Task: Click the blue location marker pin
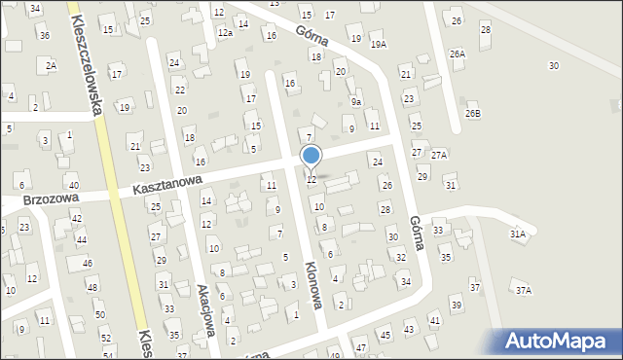point(311,156)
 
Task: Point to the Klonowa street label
point(312,283)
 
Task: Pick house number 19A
point(378,44)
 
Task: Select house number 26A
point(458,54)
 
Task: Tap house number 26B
point(472,114)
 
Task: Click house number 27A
point(439,155)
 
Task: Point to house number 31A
point(517,234)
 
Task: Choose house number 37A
point(524,291)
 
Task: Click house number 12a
point(224,33)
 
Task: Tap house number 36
point(44,35)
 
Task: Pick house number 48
point(91,287)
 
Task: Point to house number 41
point(434,320)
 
